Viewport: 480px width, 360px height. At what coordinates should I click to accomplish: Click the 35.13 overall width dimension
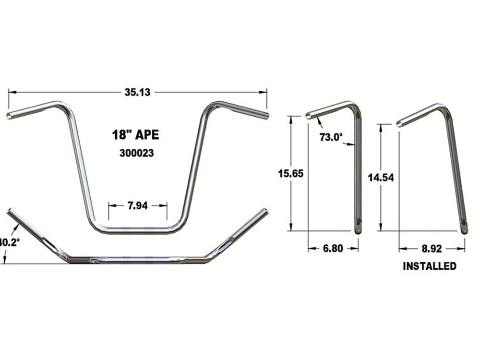pos(137,93)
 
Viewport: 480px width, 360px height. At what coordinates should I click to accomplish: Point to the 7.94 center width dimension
pos(138,205)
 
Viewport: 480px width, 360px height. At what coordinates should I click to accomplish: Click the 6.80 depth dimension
pos(333,249)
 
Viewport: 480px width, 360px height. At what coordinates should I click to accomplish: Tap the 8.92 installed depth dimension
pos(432,249)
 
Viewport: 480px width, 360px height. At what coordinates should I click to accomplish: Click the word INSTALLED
pos(429,266)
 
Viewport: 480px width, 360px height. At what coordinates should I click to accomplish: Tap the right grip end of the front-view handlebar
pos(266,116)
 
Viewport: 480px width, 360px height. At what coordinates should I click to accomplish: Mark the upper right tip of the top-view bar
pos(264,211)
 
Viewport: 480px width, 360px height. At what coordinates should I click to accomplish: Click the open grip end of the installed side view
pos(399,124)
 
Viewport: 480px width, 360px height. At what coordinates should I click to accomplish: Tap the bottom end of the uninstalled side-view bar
pos(358,230)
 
